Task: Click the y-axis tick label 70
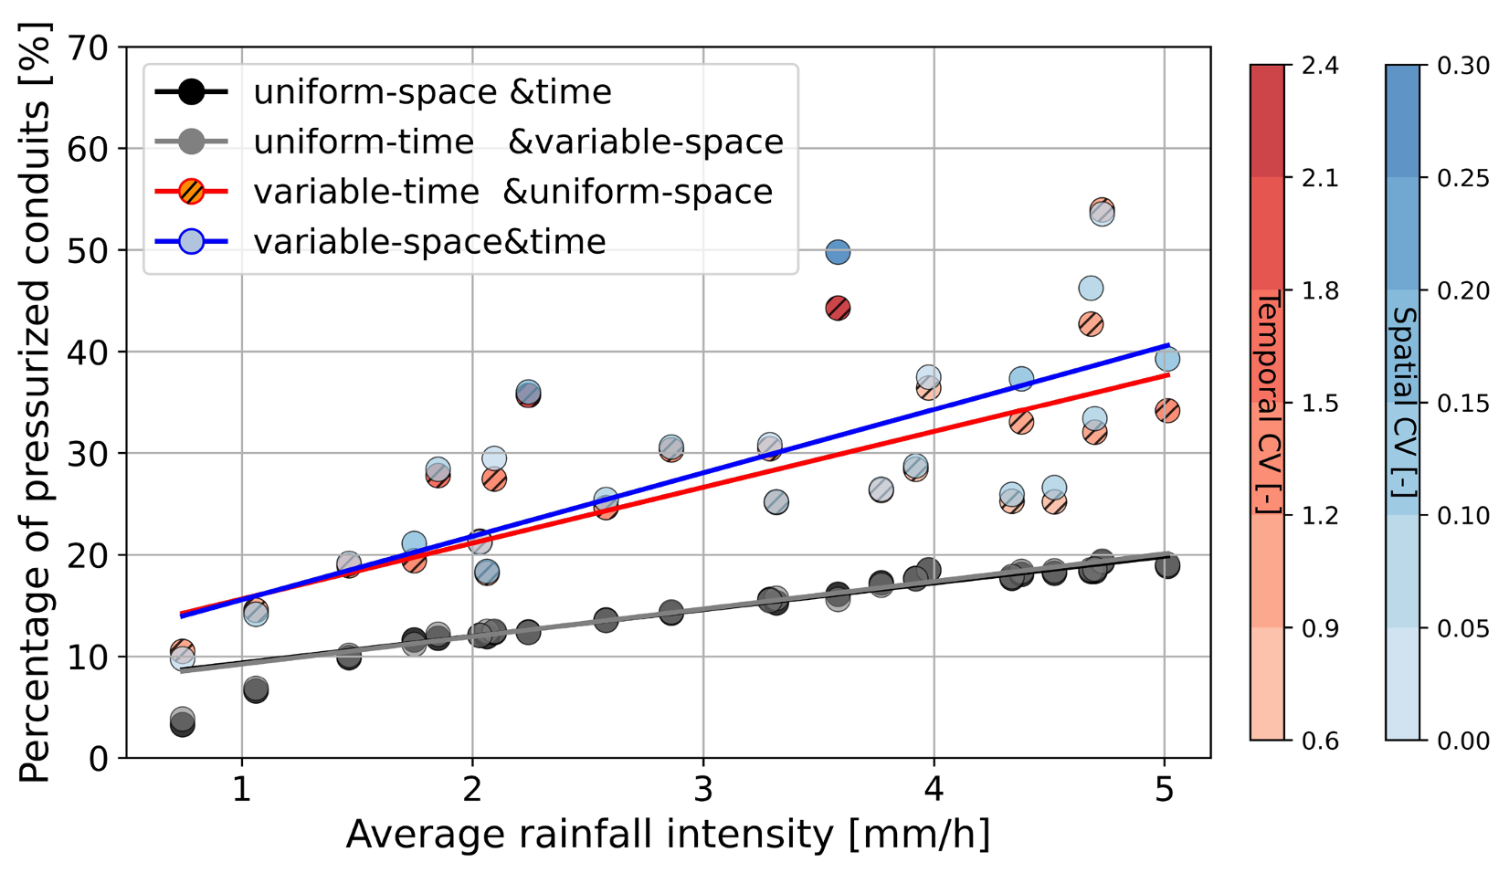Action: pyautogui.click(x=87, y=47)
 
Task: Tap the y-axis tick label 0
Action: pyautogui.click(x=98, y=758)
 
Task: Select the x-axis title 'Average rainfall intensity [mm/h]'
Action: pyautogui.click(x=668, y=834)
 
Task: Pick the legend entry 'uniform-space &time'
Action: pyautogui.click(x=432, y=91)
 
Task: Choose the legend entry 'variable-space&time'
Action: pyautogui.click(x=429, y=242)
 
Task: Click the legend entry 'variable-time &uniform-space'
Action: pyautogui.click(x=512, y=192)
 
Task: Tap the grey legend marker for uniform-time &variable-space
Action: pyautogui.click(x=191, y=142)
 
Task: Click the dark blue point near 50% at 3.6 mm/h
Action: pyautogui.click(x=838, y=252)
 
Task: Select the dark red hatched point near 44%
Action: pyautogui.click(x=838, y=309)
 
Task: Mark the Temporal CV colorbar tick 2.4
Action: pyautogui.click(x=1320, y=66)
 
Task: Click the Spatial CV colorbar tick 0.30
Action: pyautogui.click(x=1462, y=66)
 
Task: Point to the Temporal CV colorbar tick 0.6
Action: pyautogui.click(x=1320, y=741)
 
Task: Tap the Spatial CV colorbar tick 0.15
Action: pyautogui.click(x=1462, y=404)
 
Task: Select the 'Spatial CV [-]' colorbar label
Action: pyautogui.click(x=1403, y=403)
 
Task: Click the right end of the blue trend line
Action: pyautogui.click(x=1168, y=345)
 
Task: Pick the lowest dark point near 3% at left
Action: pyautogui.click(x=183, y=725)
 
